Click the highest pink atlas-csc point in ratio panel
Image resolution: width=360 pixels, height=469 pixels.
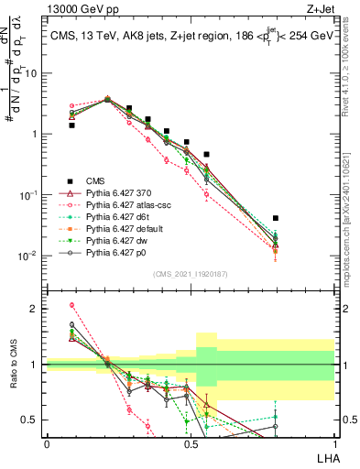[71, 305]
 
